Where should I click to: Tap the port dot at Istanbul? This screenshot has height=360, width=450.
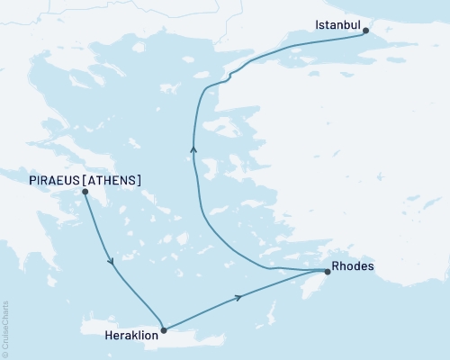(x=365, y=31)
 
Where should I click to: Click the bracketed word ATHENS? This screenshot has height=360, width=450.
(x=112, y=180)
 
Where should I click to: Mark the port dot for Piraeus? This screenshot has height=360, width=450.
(x=85, y=192)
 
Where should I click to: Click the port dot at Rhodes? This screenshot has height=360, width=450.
(x=327, y=271)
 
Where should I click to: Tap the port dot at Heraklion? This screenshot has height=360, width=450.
(x=163, y=329)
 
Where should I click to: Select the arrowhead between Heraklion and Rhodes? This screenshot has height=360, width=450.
(x=238, y=297)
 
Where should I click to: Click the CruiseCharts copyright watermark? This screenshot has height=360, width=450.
(x=5, y=329)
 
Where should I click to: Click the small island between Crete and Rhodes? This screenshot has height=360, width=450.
(x=270, y=316)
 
